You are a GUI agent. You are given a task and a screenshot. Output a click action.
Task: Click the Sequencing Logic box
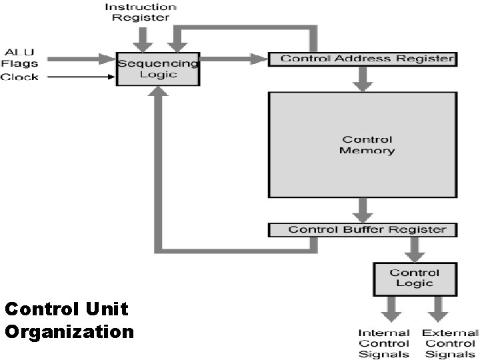pos(158,69)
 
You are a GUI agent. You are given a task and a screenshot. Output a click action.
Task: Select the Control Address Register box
pos(362,59)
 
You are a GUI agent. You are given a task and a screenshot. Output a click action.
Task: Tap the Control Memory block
pos(363,145)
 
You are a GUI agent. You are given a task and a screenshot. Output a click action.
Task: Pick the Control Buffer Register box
pos(362,229)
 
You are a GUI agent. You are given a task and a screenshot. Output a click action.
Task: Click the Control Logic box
pos(415,278)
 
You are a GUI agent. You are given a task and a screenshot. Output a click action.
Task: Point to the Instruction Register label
pos(140,12)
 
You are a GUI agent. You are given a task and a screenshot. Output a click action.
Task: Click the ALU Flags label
pos(19,57)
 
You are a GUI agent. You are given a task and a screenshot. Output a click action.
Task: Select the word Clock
pos(19,77)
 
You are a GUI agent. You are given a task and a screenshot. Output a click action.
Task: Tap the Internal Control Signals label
pos(384,343)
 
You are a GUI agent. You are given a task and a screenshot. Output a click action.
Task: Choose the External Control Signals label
pos(450,343)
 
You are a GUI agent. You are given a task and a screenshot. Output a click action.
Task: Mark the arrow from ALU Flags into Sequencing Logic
pos(80,59)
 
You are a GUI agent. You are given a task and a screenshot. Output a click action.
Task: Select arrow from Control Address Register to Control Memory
pos(363,79)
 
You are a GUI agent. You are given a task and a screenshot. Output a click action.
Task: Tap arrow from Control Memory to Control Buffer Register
pos(363,209)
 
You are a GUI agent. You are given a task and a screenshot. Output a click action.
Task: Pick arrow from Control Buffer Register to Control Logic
pos(415,249)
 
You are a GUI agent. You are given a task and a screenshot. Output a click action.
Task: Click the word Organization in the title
pos(69,331)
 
